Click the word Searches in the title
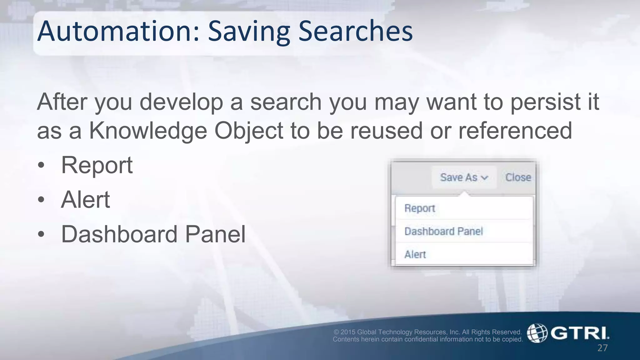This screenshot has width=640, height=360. click(x=356, y=31)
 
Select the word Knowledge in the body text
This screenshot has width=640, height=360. click(x=148, y=131)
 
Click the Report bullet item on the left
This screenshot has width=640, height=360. click(x=97, y=165)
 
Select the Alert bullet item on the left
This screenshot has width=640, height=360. click(x=85, y=199)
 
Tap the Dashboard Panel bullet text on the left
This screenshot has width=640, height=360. click(x=153, y=234)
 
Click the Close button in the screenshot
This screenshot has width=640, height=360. click(x=518, y=177)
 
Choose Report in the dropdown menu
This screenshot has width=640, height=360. click(x=420, y=208)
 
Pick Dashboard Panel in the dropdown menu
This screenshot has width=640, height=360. click(x=443, y=231)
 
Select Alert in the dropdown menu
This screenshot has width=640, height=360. click(x=415, y=254)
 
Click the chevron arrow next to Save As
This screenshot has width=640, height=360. click(x=484, y=178)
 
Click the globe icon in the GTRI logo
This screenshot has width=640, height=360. click(x=537, y=333)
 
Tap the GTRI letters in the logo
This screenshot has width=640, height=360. click(x=579, y=333)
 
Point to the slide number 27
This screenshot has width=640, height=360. click(x=602, y=348)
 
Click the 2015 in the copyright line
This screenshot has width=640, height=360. click(x=348, y=332)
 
